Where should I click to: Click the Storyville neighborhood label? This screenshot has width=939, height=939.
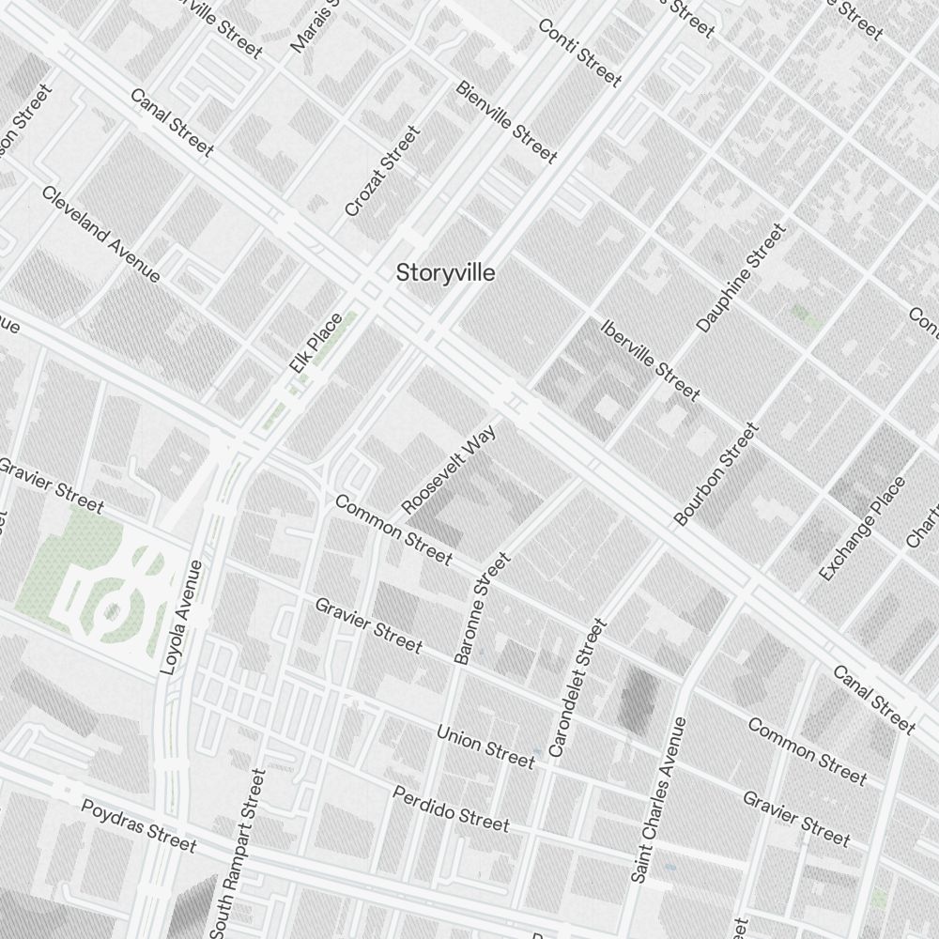pos(445,273)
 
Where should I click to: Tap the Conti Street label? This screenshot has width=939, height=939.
pos(579,52)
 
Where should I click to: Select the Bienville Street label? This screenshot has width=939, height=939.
pos(506,120)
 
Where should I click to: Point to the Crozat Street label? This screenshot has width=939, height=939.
pos(381,172)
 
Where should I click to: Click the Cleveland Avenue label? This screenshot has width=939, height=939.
pos(100,233)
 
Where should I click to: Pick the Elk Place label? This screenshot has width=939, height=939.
pos(316,343)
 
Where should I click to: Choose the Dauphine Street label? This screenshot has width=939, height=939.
pos(740,277)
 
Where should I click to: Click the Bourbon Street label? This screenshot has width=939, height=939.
pos(716,474)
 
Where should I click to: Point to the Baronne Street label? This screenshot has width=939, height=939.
pos(482,608)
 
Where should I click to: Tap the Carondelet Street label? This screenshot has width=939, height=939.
pos(573,687)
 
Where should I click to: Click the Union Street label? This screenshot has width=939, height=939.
pos(485,746)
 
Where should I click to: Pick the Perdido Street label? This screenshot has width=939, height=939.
pos(451,808)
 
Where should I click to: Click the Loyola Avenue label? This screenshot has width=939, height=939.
pos(182,617)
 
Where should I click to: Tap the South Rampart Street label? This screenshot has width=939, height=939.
pos(239,853)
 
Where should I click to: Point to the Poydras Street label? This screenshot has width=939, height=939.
pos(139,825)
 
